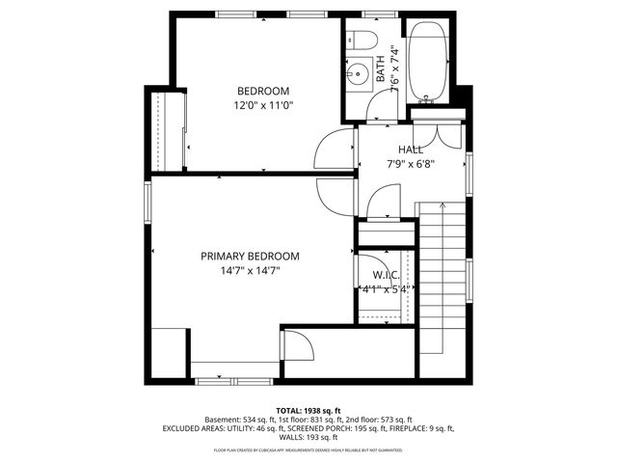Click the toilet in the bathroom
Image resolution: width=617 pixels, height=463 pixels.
tap(363, 40)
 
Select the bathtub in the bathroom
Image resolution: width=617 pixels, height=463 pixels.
tap(426, 62)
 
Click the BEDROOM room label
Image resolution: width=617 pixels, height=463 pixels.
tap(263, 92)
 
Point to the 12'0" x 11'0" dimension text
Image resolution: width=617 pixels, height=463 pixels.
tap(263, 105)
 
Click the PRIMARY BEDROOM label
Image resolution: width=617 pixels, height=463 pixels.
tap(250, 257)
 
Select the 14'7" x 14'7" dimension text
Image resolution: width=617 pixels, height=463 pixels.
tap(250, 271)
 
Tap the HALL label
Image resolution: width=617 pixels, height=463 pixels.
tap(411, 150)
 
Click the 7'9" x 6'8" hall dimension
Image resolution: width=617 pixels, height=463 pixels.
tap(411, 163)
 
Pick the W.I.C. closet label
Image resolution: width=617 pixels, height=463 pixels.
tap(386, 274)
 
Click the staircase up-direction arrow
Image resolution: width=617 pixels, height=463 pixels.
tap(441, 207)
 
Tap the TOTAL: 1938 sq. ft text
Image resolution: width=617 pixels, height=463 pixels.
tap(308, 410)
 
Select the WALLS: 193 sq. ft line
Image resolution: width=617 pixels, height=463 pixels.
tap(308, 437)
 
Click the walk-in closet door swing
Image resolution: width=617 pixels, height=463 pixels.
tap(370, 267)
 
